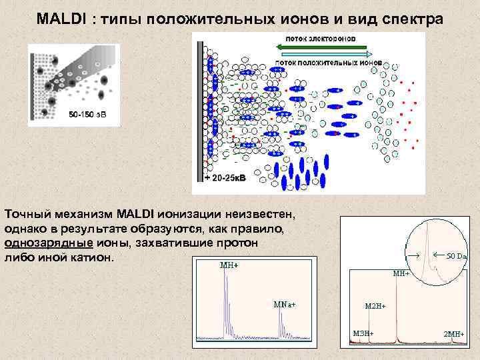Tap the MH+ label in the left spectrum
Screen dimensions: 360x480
229,265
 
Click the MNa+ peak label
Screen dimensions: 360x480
285,304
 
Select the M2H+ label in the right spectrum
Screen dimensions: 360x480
375,305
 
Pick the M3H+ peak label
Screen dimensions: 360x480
363,333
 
